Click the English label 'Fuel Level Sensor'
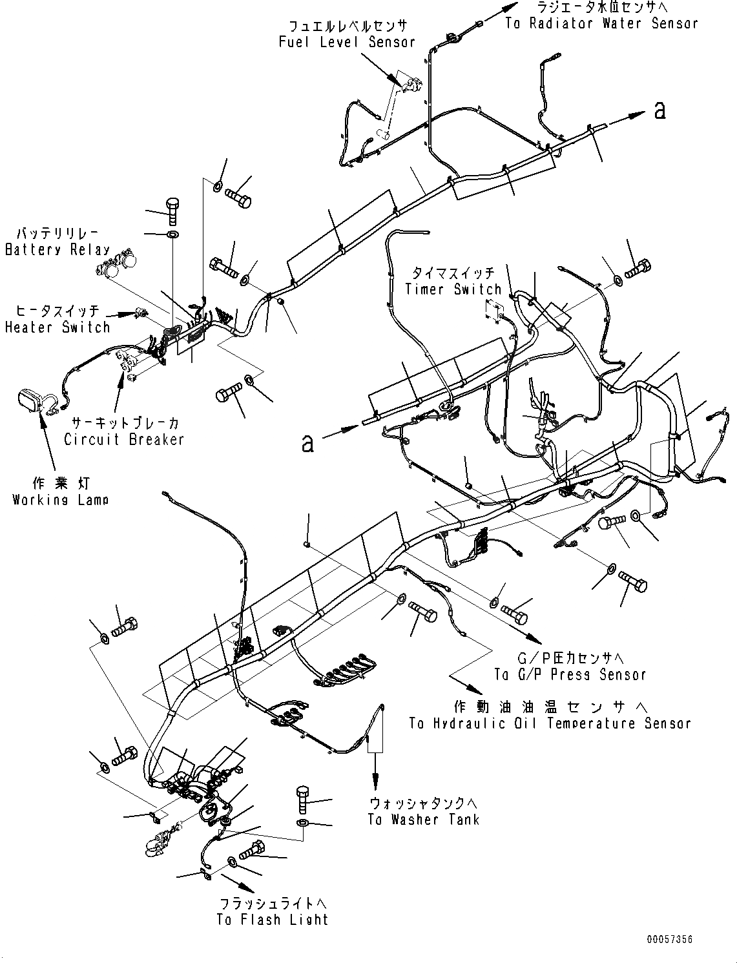[347, 42]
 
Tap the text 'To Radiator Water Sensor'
[601, 24]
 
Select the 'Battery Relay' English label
[57, 250]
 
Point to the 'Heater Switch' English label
[57, 327]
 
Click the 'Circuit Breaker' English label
[124, 439]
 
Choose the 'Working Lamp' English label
[61, 500]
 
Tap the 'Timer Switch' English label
[453, 289]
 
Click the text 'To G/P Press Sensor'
[570, 675]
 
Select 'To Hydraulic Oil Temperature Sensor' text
[550, 723]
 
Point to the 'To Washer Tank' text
[424, 820]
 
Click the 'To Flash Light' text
[273, 920]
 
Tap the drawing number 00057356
[669, 939]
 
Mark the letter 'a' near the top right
[659, 111]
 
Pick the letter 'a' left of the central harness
[308, 444]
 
